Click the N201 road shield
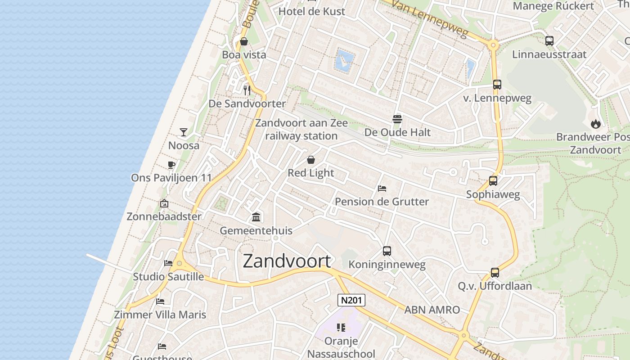[351, 300]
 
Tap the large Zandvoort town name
[287, 261]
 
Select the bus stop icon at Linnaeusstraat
[549, 41]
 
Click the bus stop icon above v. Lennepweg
[497, 85]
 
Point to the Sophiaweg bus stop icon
[493, 181]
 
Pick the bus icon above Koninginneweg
[387, 251]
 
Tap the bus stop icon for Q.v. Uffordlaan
[495, 273]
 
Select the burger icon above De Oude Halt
[397, 119]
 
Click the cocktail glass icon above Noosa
[184, 132]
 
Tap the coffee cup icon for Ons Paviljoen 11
[171, 165]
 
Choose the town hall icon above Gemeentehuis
[256, 217]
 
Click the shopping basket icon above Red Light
[310, 160]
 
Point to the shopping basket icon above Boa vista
[244, 42]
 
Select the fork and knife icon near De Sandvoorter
[247, 90]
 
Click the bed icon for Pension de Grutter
[382, 188]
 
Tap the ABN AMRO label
[432, 310]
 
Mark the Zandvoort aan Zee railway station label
[301, 129]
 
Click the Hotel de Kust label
[312, 12]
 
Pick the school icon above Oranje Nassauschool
[341, 328]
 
